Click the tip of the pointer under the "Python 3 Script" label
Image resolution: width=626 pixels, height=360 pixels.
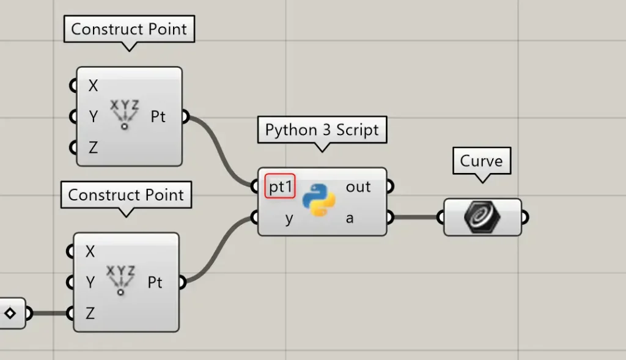(322, 152)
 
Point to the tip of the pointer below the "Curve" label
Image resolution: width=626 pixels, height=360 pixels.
(483, 183)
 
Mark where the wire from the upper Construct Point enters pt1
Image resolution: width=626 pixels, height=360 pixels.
(254, 186)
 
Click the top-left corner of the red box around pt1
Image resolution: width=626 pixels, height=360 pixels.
(265, 174)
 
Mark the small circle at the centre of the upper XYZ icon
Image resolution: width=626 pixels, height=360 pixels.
(125, 127)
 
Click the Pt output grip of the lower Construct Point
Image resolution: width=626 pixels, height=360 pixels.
(182, 282)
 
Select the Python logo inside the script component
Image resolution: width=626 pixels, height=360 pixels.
(319, 200)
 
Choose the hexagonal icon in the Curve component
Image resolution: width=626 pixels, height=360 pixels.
(482, 217)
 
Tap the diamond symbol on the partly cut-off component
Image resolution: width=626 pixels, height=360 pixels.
(10, 314)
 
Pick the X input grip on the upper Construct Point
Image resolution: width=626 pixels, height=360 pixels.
(73, 86)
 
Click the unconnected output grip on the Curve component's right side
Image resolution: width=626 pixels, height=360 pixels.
(525, 218)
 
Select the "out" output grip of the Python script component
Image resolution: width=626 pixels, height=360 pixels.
(390, 186)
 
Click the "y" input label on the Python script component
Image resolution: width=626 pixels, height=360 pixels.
(289, 219)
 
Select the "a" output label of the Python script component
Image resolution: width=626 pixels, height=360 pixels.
(350, 218)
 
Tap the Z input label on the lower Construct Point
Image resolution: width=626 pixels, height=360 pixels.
(90, 314)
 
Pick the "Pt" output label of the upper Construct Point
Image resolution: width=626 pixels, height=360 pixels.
(158, 117)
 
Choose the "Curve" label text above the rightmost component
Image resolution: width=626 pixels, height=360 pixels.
(482, 161)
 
